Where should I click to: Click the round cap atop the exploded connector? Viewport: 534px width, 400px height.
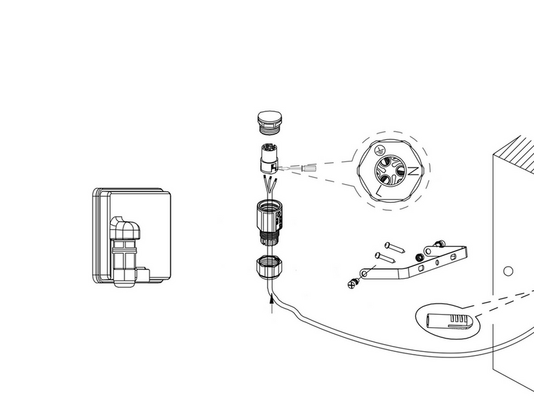tap(270, 122)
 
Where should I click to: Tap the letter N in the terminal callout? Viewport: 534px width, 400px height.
tap(413, 171)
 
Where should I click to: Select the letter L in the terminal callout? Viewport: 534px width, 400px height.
tap(378, 191)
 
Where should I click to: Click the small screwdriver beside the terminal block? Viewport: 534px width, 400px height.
tap(297, 168)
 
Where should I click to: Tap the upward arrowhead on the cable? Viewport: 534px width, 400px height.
tap(272, 299)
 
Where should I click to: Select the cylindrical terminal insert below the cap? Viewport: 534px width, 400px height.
tap(270, 159)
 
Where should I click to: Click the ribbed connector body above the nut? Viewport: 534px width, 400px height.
tap(269, 223)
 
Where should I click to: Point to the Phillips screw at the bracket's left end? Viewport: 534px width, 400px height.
tap(353, 283)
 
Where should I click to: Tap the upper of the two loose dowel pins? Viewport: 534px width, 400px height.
tap(394, 247)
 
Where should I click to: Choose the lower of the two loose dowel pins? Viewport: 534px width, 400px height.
tap(385, 258)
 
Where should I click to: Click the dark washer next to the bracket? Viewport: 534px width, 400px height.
tap(419, 257)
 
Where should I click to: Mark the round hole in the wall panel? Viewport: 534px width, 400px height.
tap(508, 271)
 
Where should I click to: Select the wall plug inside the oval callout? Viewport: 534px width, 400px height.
tap(449, 322)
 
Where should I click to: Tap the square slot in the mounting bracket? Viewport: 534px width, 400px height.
tap(421, 268)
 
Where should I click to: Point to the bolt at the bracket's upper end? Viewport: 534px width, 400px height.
tap(439, 243)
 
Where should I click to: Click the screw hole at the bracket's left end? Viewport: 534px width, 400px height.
tap(364, 273)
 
